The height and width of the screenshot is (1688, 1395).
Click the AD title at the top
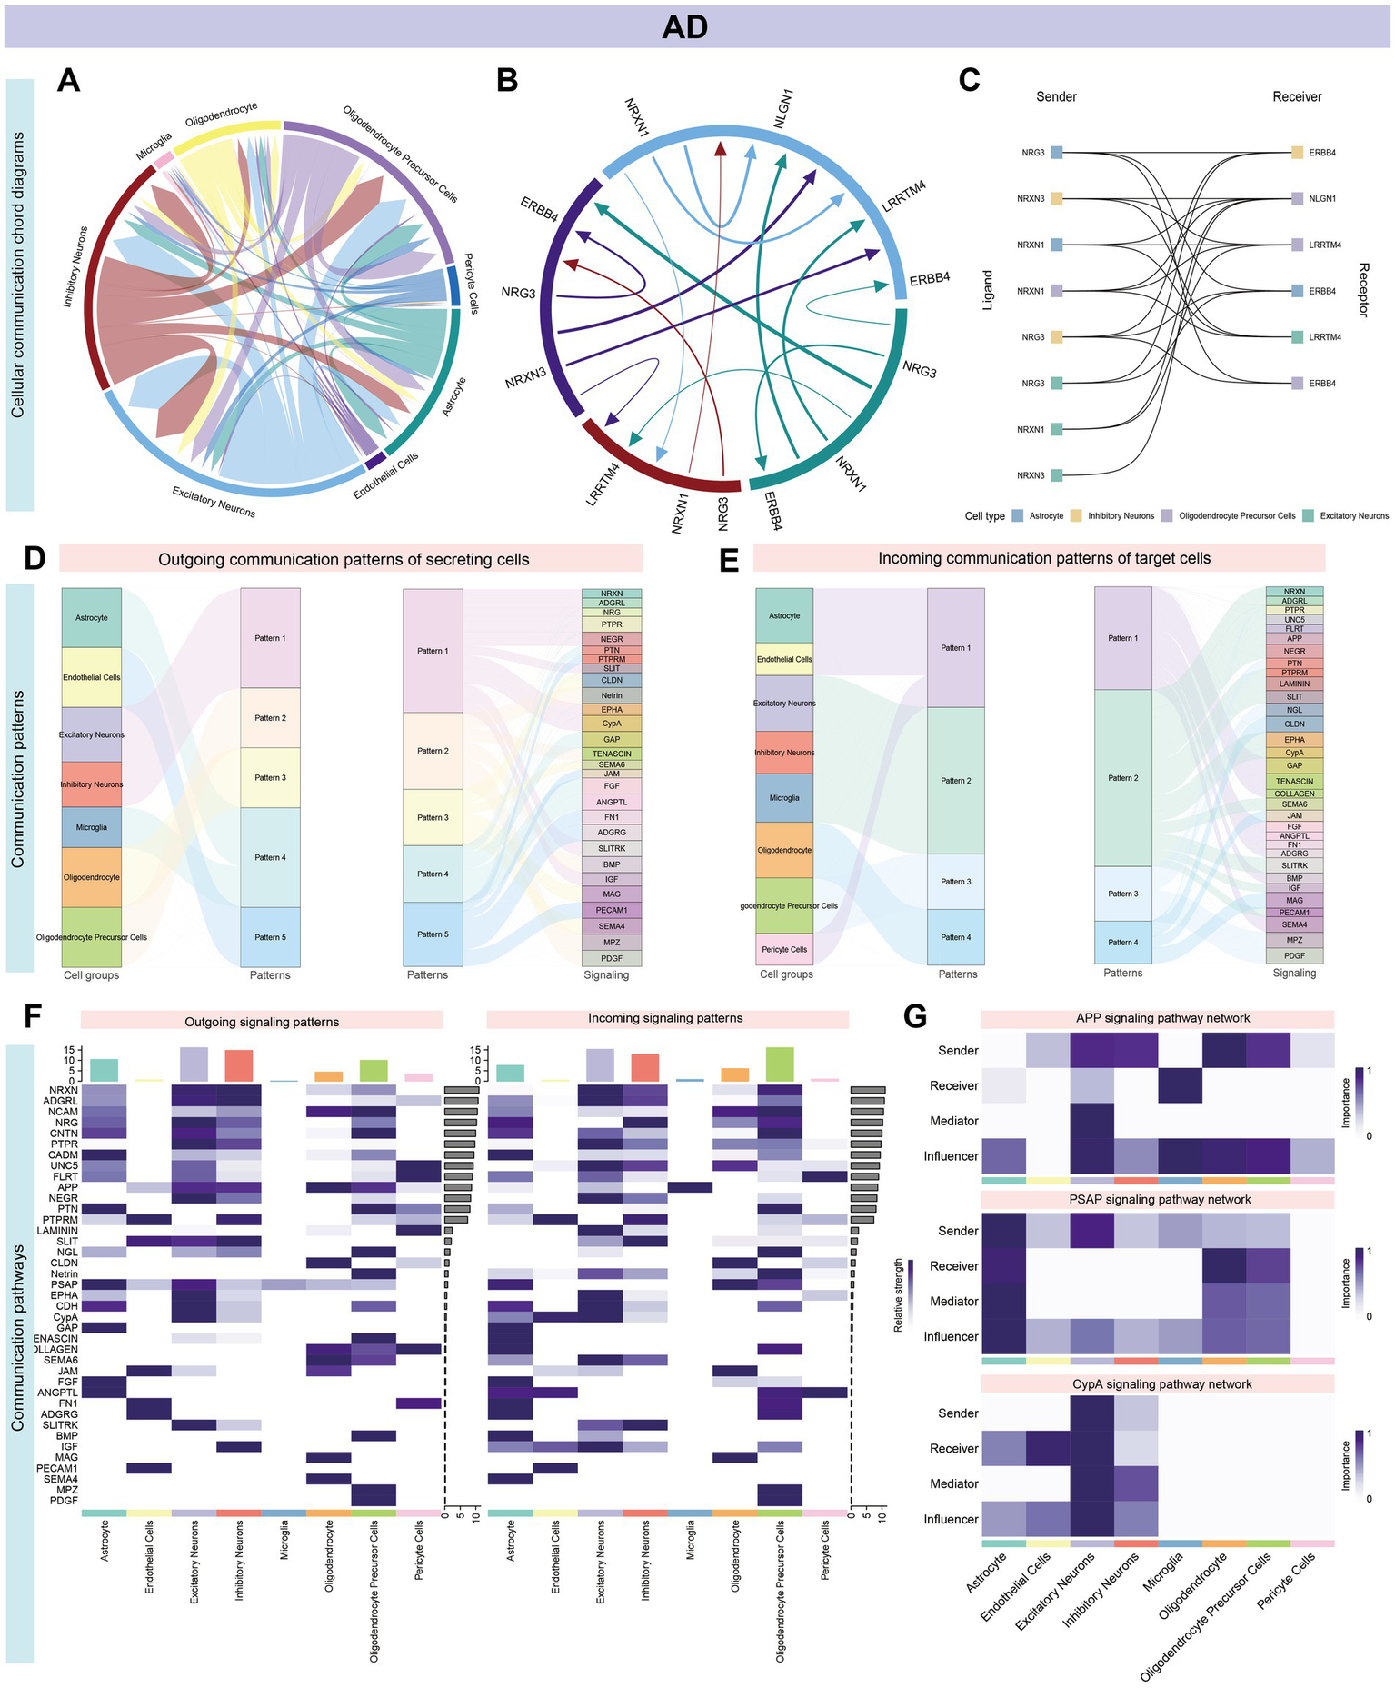(684, 26)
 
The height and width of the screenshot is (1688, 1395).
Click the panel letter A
(68, 81)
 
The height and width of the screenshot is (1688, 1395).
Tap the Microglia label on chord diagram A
(154, 145)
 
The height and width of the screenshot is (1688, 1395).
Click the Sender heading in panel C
(1056, 96)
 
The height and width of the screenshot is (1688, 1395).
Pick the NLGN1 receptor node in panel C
(1298, 198)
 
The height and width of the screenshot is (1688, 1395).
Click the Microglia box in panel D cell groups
(92, 827)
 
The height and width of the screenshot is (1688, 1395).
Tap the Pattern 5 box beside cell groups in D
(270, 937)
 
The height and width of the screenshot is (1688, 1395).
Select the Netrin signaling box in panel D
(612, 695)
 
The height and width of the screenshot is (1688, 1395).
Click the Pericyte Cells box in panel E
(784, 949)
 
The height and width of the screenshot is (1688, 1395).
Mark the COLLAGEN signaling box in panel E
(1294, 794)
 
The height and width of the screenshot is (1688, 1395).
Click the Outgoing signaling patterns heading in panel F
(262, 1022)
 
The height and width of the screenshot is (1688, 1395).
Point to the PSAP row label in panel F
(66, 1284)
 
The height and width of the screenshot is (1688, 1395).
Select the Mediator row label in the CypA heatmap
(953, 1483)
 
